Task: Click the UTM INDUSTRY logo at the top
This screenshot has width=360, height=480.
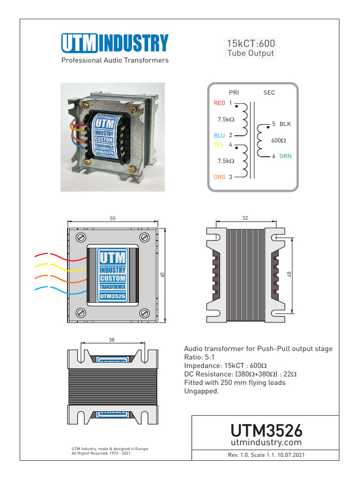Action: pos(114,44)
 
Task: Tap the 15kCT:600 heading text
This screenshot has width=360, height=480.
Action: pos(251,44)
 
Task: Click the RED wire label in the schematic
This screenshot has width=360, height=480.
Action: pos(219,103)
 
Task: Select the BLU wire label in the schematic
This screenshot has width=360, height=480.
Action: pos(219,135)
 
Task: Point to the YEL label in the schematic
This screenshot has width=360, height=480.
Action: pos(219,145)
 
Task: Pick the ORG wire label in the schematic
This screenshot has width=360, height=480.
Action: pos(219,177)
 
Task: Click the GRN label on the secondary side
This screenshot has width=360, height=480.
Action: pos(285,156)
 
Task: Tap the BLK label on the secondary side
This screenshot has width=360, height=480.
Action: pos(285,124)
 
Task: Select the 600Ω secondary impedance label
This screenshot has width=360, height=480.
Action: pos(279,140)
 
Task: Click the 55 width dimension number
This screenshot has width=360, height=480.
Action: pos(113,218)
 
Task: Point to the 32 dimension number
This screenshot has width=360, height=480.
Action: pos(246,218)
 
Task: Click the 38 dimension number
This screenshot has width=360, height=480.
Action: pos(112,340)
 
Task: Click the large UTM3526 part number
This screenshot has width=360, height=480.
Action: pos(266,430)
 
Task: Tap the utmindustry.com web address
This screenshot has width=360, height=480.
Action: pos(266,442)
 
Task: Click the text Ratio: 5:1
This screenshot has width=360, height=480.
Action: pos(200,357)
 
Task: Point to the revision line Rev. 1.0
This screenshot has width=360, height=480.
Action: pos(266,455)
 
